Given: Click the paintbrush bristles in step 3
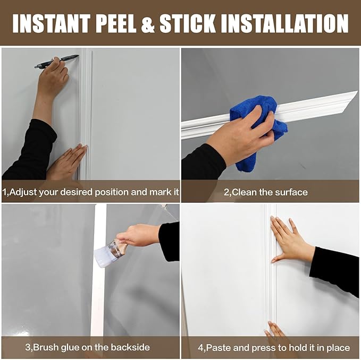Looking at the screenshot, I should tap(102, 258).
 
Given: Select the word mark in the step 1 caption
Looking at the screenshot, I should tap(158, 192).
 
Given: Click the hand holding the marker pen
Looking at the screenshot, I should tap(54, 80).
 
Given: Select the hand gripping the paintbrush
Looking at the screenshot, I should tap(139, 235).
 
